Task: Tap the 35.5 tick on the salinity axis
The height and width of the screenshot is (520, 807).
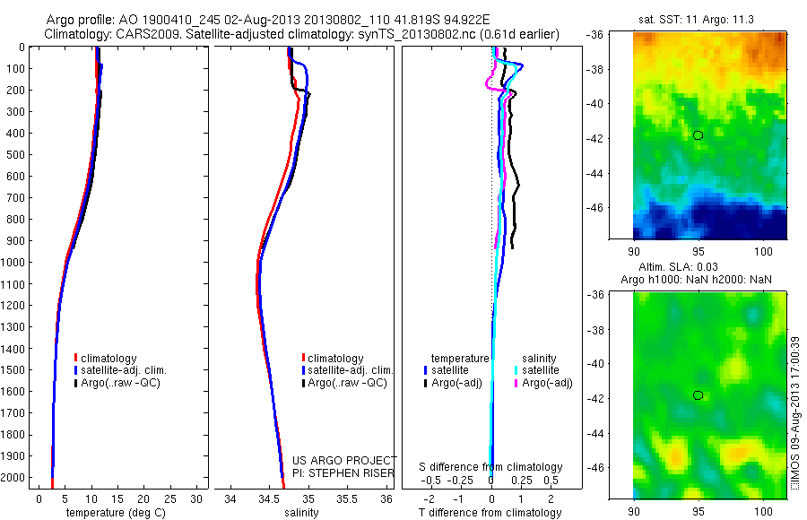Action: pos(348,498)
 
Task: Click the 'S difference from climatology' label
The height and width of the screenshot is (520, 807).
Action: pos(491,467)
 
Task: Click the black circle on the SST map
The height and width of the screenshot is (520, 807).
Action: pos(699,134)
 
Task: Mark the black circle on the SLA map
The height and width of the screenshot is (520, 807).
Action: pos(699,395)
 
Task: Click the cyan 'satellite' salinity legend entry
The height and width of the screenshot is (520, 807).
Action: pos(541,369)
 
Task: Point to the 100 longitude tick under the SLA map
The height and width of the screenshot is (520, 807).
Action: pos(764,511)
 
